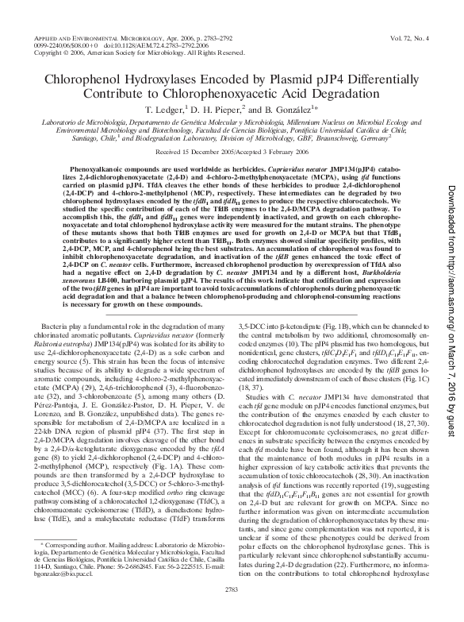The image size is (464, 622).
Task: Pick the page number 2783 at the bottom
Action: pos(232,610)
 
